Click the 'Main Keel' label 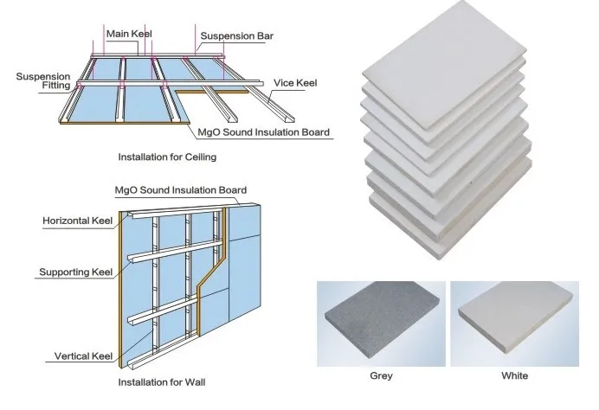129,34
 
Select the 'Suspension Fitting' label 43,81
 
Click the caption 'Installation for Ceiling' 167,158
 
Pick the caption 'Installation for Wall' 162,381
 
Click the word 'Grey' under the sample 381,376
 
